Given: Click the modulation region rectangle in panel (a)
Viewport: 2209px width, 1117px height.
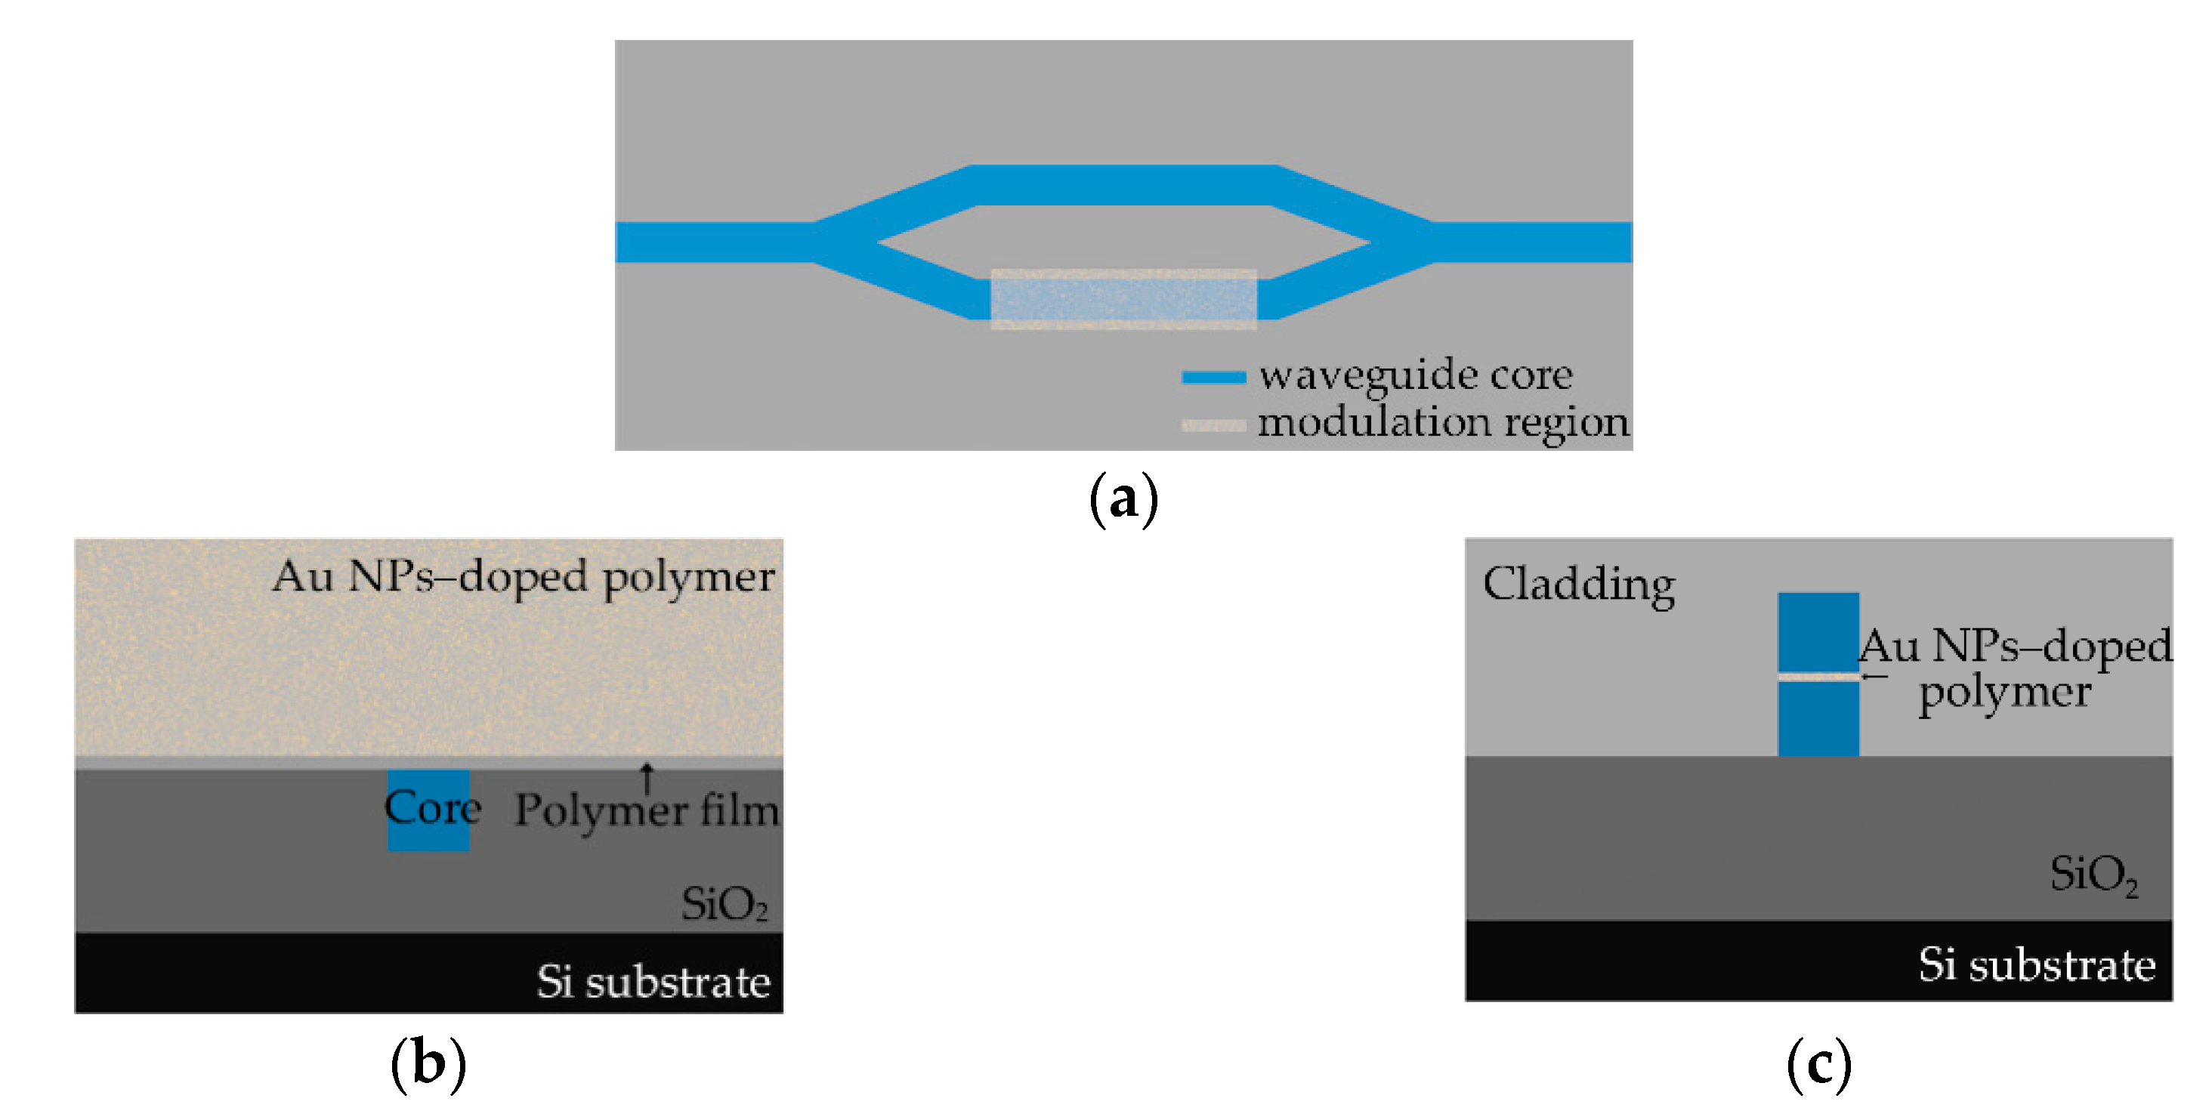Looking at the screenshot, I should pyautogui.click(x=1123, y=298).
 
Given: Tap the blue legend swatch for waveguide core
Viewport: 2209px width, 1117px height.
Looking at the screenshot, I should pyautogui.click(x=1213, y=377).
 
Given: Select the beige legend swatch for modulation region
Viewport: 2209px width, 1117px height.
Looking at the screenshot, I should pyautogui.click(x=1213, y=425).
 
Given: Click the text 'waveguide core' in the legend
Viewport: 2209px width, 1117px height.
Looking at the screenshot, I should pyautogui.click(x=1415, y=375).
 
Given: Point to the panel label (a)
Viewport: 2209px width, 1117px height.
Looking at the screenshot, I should pyautogui.click(x=1123, y=499).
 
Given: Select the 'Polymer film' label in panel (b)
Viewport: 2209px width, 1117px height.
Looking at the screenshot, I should pyautogui.click(x=647, y=811).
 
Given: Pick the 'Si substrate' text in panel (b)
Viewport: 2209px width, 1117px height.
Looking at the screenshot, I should pyautogui.click(x=653, y=982).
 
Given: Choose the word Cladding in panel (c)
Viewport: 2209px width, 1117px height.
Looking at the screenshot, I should pyautogui.click(x=1579, y=585).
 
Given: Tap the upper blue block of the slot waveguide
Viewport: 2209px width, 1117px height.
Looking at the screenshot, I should pyautogui.click(x=1818, y=632).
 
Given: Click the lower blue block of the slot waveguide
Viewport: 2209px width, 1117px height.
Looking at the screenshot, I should pyautogui.click(x=1818, y=718).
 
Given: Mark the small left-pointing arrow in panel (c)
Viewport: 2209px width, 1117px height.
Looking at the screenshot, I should pyautogui.click(x=1874, y=677).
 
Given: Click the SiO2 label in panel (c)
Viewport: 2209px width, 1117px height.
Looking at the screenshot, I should pyautogui.click(x=2093, y=875).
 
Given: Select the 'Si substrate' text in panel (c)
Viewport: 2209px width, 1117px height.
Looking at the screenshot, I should pyautogui.click(x=2037, y=965).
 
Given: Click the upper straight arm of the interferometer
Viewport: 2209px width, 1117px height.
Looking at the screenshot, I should pyautogui.click(x=1123, y=185).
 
